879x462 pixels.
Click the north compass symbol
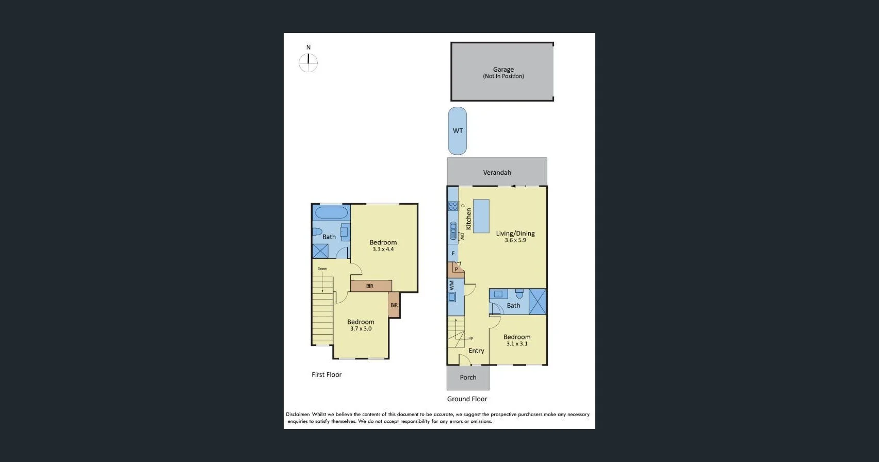pyautogui.click(x=308, y=63)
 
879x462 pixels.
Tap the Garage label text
pyautogui.click(x=503, y=69)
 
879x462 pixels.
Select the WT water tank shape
pyautogui.click(x=458, y=131)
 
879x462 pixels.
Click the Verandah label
pyautogui.click(x=497, y=172)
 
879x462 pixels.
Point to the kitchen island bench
pyautogui.click(x=481, y=217)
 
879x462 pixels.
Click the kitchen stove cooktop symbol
pyautogui.click(x=453, y=206)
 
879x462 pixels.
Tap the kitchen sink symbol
pyautogui.click(x=453, y=230)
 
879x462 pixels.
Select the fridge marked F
pyautogui.click(x=453, y=253)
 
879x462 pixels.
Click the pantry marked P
pyautogui.click(x=457, y=269)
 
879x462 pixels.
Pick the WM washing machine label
pyautogui.click(x=451, y=285)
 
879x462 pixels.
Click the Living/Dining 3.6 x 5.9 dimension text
pyautogui.click(x=515, y=240)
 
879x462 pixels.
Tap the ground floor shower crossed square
pyautogui.click(x=538, y=302)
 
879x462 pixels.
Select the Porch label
pyautogui.click(x=468, y=377)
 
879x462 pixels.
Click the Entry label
pyautogui.click(x=476, y=351)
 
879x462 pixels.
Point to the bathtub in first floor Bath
pyautogui.click(x=331, y=212)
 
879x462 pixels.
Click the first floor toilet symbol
pyautogui.click(x=317, y=232)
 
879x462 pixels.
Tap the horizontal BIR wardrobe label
pyautogui.click(x=369, y=286)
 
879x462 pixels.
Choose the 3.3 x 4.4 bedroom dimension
pyautogui.click(x=383, y=250)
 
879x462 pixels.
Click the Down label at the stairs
pyautogui.click(x=322, y=269)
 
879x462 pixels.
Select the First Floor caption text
pyautogui.click(x=327, y=375)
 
